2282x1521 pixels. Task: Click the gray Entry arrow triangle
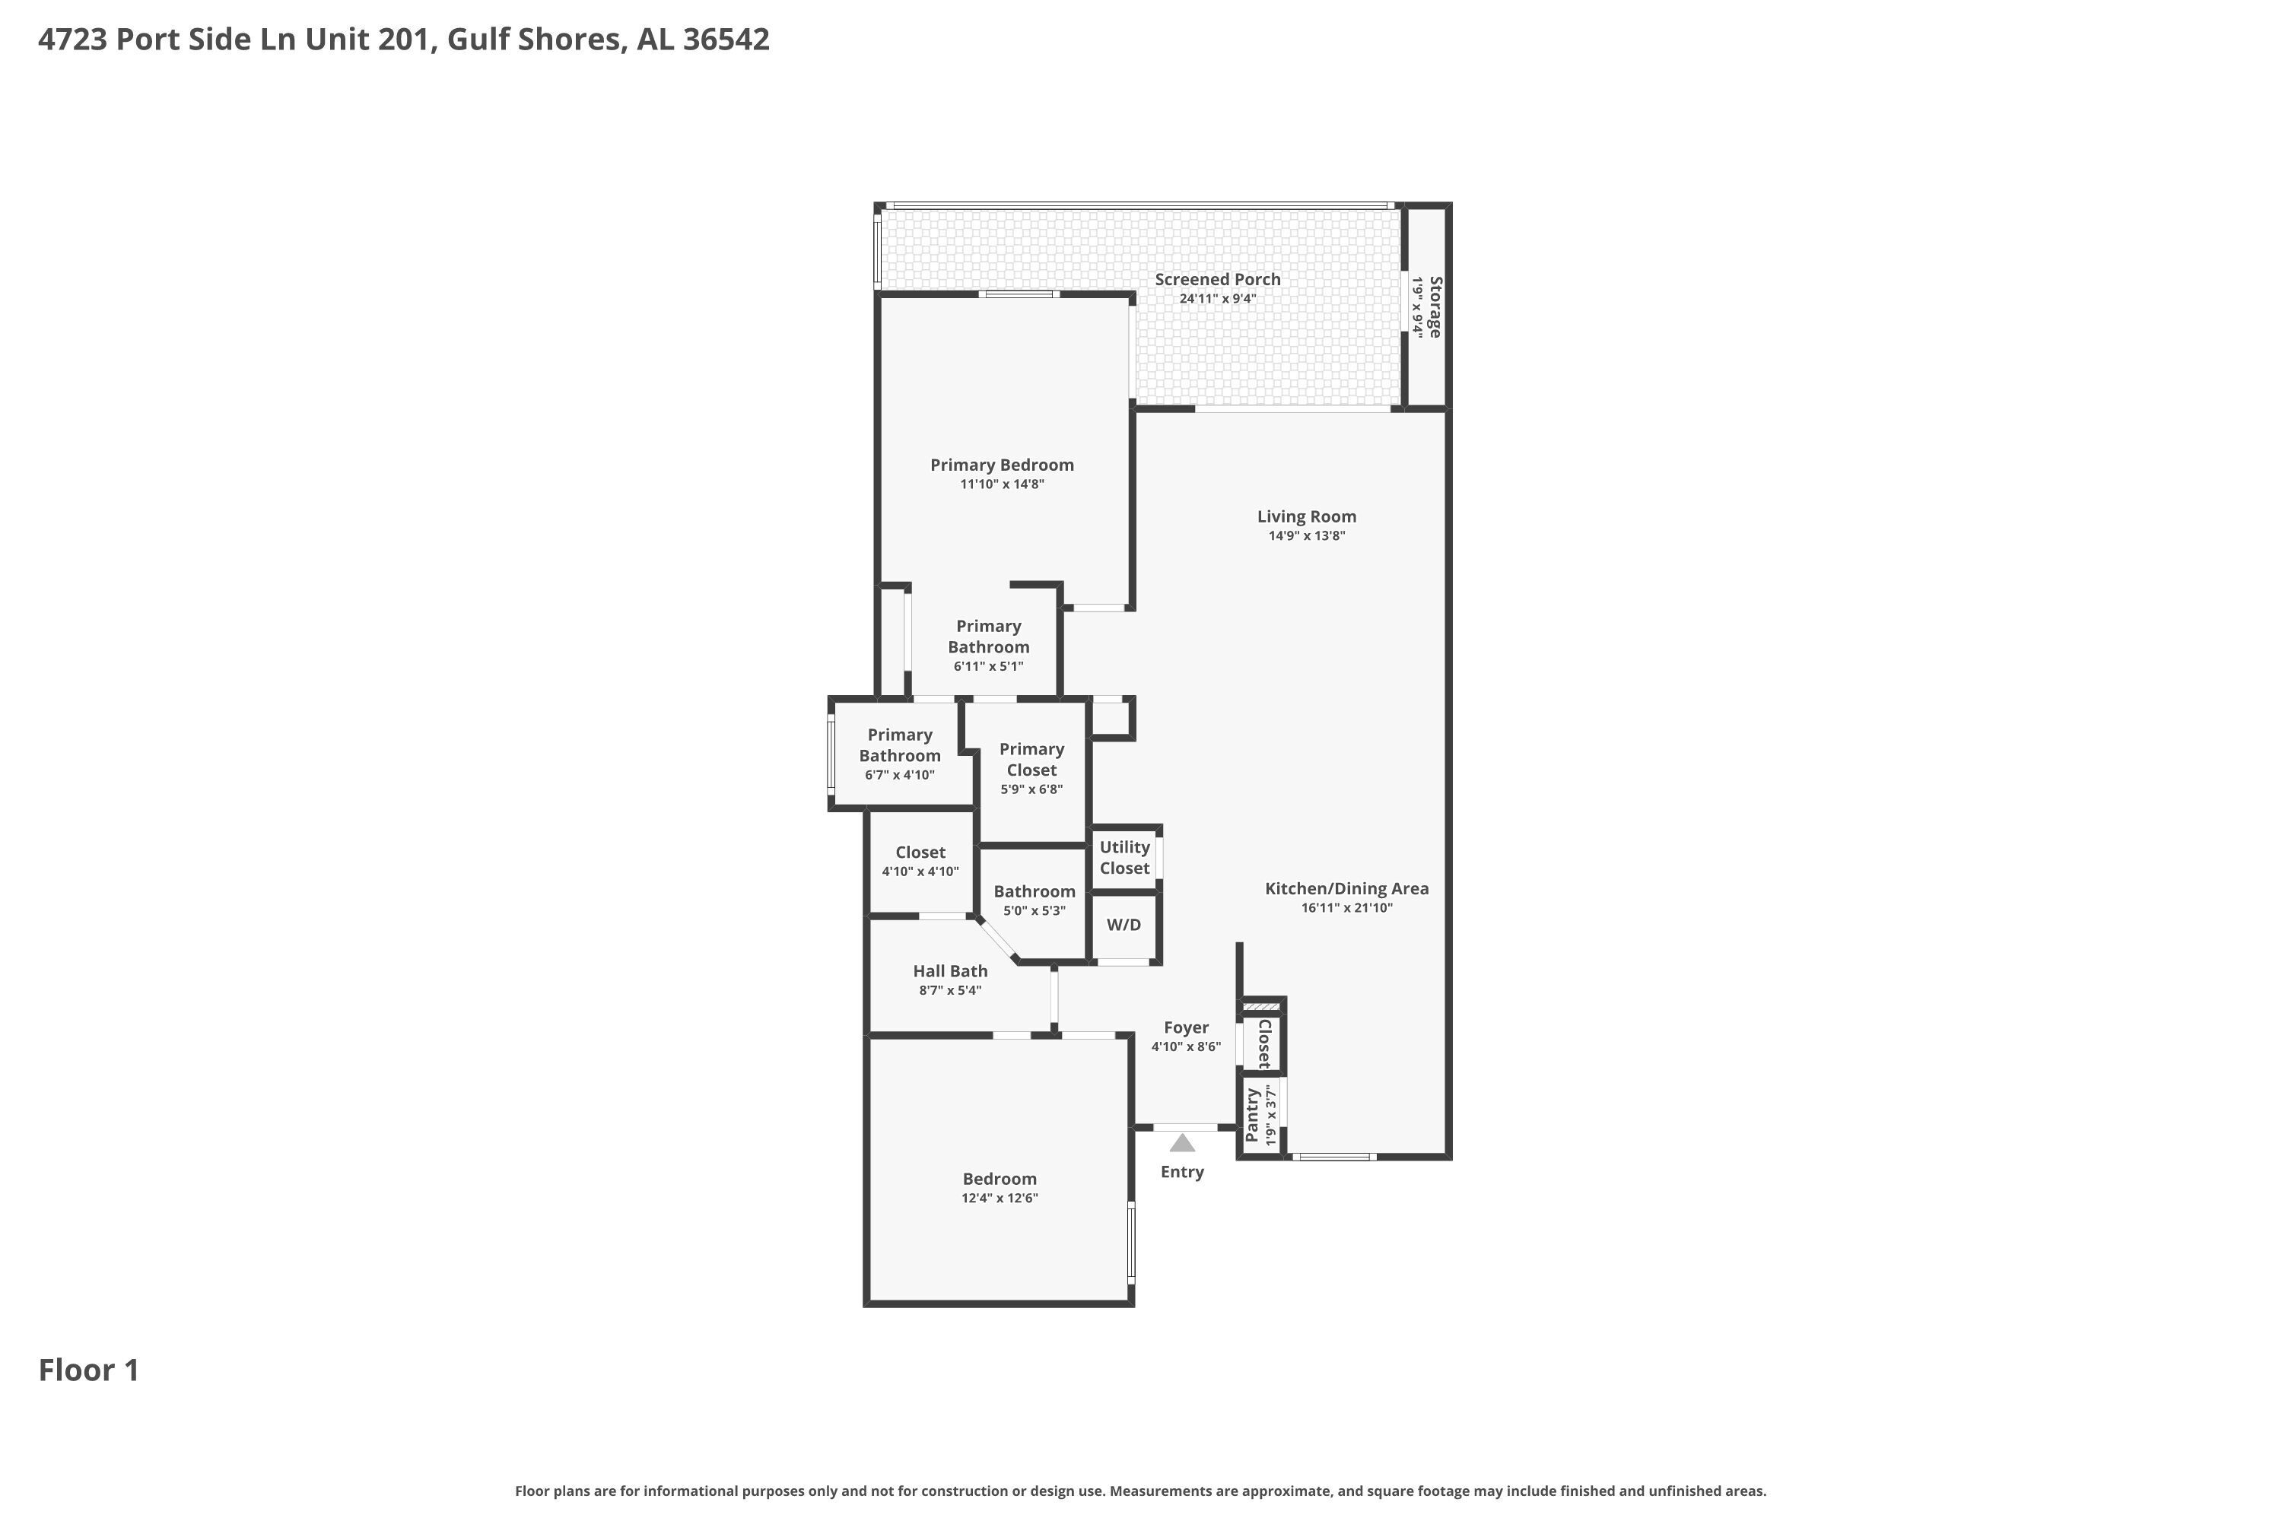(x=1182, y=1143)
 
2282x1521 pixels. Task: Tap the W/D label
(x=1124, y=925)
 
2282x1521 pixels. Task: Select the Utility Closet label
(x=1124, y=858)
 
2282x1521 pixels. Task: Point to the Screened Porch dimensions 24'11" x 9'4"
(x=1218, y=299)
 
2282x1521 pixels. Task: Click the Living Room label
(x=1307, y=517)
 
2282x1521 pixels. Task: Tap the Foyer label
(x=1186, y=1027)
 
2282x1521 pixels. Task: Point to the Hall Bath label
(x=950, y=971)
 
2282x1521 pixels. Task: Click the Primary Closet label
(x=1031, y=760)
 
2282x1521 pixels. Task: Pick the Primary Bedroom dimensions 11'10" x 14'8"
(x=1003, y=484)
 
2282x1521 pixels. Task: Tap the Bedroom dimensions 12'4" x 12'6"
(x=1000, y=1198)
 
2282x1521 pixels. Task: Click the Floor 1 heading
(x=89, y=1370)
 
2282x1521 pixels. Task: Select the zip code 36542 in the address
(x=726, y=39)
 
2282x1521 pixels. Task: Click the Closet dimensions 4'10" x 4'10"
(x=920, y=872)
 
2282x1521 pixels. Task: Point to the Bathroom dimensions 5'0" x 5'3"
(x=1035, y=911)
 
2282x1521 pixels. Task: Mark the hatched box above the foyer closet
(x=1261, y=1007)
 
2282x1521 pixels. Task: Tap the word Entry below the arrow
(x=1182, y=1172)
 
